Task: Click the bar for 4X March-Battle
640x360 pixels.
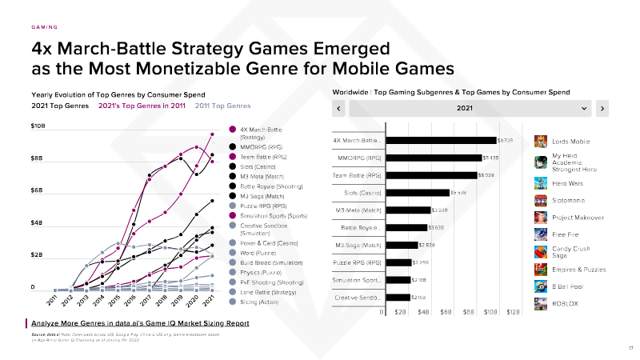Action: click(x=441, y=141)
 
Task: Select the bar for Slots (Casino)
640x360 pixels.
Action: click(x=417, y=192)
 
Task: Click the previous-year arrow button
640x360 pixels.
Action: click(x=340, y=108)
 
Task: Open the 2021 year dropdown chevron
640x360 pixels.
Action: click(x=585, y=108)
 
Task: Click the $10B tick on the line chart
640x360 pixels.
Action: click(x=38, y=126)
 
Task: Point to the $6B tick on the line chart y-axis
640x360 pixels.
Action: click(x=37, y=190)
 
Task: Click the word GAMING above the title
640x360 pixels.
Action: click(x=44, y=26)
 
